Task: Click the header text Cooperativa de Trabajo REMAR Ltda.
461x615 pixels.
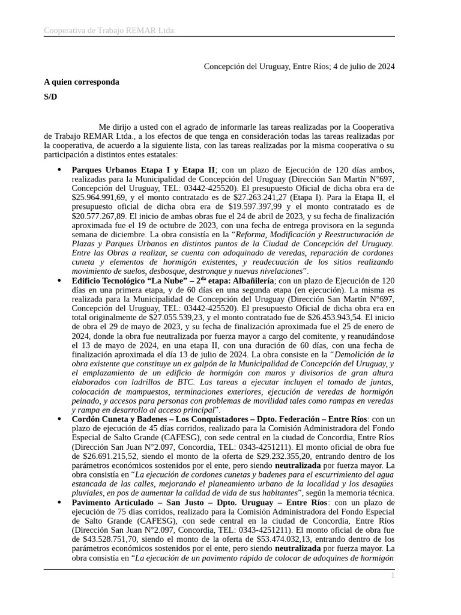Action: click(x=109, y=31)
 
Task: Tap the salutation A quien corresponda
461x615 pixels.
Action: click(x=82, y=82)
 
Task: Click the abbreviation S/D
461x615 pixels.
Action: click(x=50, y=97)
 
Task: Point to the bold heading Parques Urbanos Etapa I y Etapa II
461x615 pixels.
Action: click(x=143, y=170)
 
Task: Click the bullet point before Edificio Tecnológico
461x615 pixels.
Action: click(x=59, y=280)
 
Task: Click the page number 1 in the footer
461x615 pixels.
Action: click(x=393, y=576)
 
